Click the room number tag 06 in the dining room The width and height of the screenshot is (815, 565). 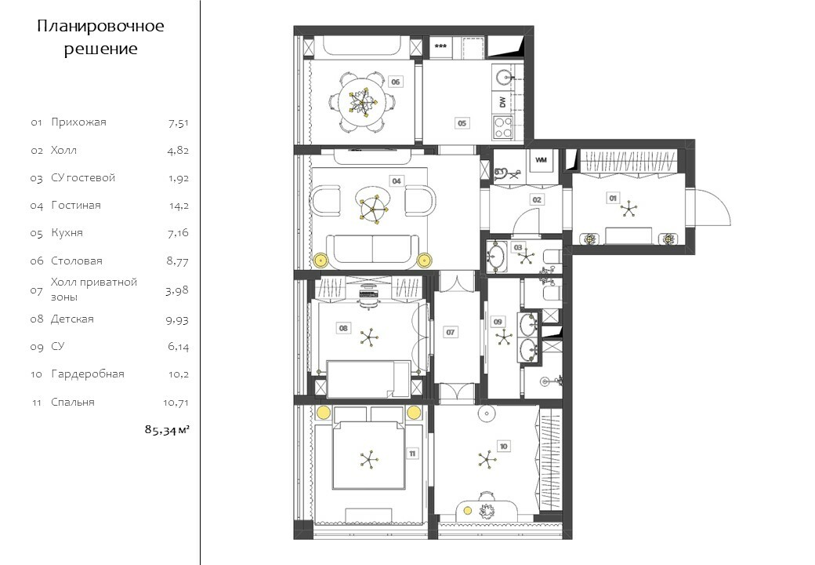click(396, 82)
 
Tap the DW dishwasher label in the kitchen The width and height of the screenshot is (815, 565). click(502, 101)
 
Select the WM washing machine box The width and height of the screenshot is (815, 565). click(541, 160)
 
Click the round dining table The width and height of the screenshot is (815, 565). click(361, 101)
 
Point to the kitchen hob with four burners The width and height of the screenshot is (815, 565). click(502, 127)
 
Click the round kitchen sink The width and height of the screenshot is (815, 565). click(503, 78)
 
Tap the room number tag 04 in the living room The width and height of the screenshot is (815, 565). click(397, 180)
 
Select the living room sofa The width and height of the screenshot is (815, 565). click(372, 250)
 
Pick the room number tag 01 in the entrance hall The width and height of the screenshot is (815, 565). click(613, 199)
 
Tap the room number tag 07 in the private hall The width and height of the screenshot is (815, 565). click(450, 332)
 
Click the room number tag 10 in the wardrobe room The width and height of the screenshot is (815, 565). click(503, 447)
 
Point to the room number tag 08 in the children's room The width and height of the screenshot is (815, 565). click(343, 328)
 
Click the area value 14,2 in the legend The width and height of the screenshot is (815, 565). click(179, 206)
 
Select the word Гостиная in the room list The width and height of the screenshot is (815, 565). click(76, 205)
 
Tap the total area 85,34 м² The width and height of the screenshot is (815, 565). click(167, 430)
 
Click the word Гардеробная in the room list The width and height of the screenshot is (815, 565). click(87, 374)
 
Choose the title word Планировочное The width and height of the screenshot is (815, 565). click(100, 26)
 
